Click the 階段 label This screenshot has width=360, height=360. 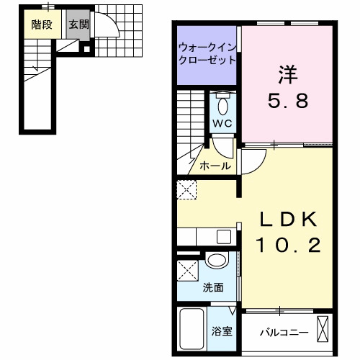[x=41, y=24]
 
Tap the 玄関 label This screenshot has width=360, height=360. [x=78, y=24]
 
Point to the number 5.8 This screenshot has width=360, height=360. [x=288, y=101]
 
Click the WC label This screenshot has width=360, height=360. [x=222, y=123]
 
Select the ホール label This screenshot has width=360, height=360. [x=216, y=166]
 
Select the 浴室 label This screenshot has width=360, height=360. [x=221, y=333]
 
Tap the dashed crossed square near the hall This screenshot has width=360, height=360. [x=187, y=191]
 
